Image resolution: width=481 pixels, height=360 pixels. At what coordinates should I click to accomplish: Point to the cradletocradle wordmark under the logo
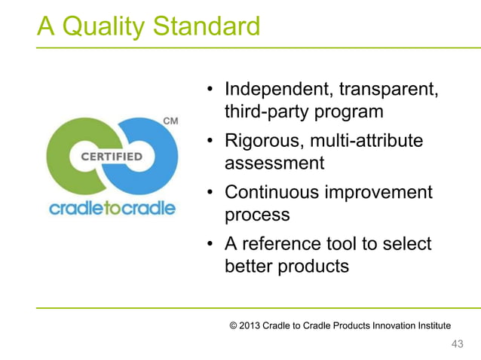[112, 208]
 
